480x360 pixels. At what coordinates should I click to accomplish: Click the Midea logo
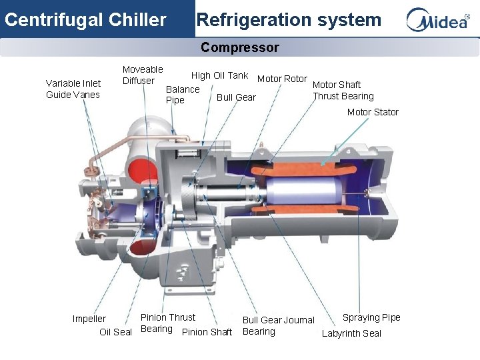point(438,20)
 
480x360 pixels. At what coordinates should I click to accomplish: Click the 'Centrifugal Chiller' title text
point(85,20)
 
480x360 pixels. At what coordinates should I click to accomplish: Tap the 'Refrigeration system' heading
point(289,20)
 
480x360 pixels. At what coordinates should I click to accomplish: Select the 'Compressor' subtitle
point(239,47)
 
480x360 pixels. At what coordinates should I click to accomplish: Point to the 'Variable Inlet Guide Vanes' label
point(73,89)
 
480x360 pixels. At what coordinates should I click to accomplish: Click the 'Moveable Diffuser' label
point(142,75)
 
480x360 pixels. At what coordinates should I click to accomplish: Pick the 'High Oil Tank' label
point(219,76)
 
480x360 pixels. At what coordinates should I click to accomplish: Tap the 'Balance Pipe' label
point(182,95)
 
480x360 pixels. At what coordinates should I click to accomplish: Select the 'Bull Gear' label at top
point(236,97)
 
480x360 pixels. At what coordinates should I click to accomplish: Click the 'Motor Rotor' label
point(282,79)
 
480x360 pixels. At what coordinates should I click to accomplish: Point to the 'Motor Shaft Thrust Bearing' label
point(343,90)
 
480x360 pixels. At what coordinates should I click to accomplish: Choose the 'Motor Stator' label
point(373,112)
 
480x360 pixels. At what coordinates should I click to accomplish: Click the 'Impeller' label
point(89,319)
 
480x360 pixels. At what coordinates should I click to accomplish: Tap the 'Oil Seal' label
point(115,332)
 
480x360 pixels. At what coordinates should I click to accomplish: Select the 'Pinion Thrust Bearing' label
point(167,323)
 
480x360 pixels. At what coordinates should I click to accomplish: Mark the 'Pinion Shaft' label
point(207,332)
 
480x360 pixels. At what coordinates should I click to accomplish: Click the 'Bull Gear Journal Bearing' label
point(278,326)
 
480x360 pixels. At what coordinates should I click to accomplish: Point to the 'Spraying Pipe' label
point(371,317)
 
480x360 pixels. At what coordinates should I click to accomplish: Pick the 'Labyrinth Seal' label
point(351,333)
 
